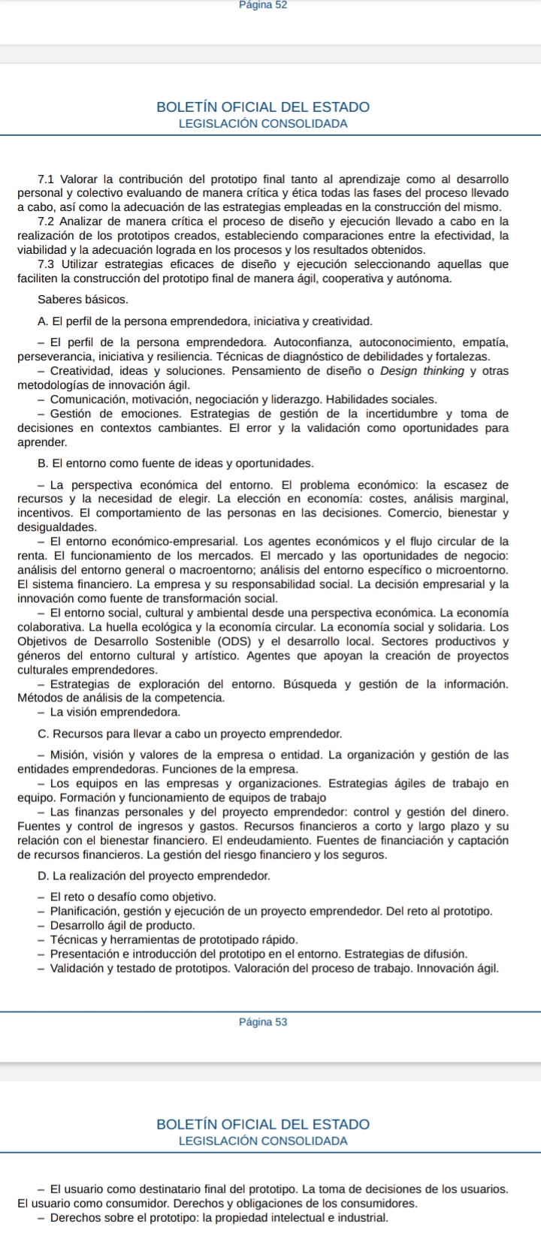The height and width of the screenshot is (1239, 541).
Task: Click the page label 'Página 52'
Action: pyautogui.click(x=262, y=5)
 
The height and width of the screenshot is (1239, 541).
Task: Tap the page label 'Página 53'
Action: pyautogui.click(x=262, y=1022)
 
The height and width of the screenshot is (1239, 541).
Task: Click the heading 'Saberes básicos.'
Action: pyautogui.click(x=83, y=300)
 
